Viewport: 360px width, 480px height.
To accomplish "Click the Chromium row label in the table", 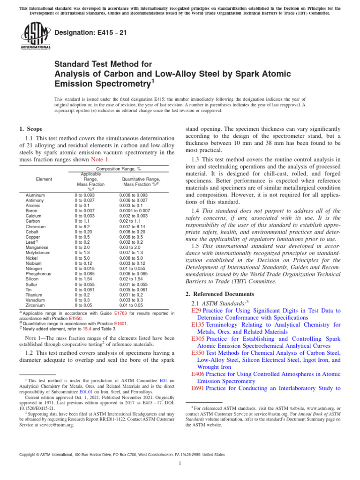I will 35,226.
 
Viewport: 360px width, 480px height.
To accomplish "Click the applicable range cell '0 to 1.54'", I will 84,278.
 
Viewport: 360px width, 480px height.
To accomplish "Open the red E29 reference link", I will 196,310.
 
